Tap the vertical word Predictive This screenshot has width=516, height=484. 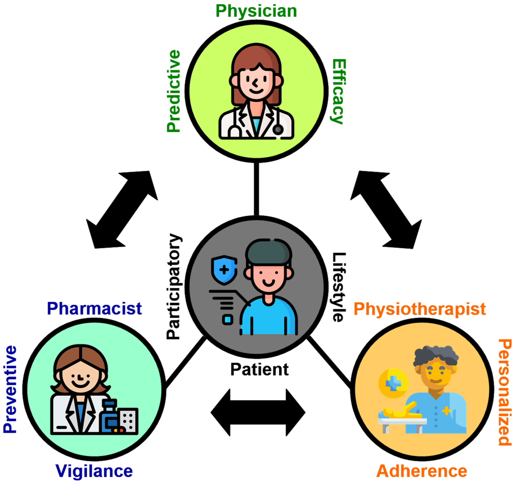(173, 91)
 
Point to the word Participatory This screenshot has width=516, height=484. (173, 286)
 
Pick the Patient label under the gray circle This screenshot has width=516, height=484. (259, 370)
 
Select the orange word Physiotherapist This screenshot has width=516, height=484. (420, 309)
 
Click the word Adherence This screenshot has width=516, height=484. (422, 471)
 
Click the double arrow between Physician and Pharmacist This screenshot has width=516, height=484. (122, 210)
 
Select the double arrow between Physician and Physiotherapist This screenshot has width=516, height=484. (386, 210)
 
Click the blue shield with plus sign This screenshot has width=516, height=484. (224, 270)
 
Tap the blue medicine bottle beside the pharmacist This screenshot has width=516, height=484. (109, 417)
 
